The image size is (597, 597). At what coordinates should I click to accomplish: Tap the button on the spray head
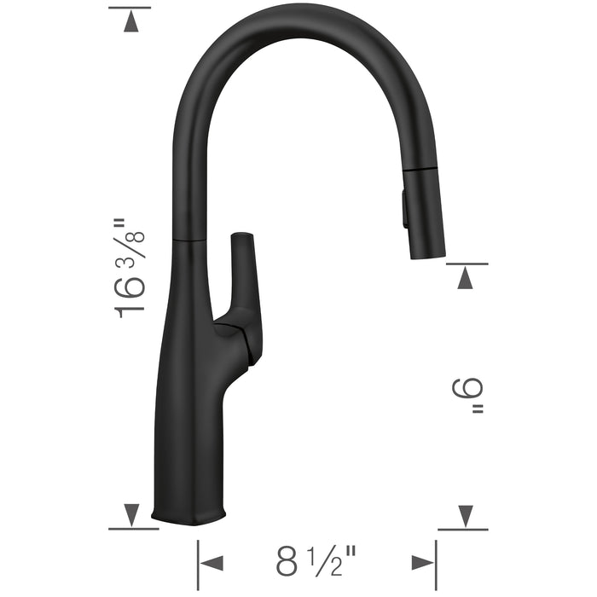tap(403, 210)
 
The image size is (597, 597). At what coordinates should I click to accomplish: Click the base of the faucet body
tap(189, 512)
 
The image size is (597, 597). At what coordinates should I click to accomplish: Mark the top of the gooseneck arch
tap(294, 19)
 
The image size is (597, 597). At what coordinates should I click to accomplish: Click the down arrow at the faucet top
tap(130, 22)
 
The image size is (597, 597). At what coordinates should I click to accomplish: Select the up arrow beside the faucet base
tap(130, 514)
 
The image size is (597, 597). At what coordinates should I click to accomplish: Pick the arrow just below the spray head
tap(465, 277)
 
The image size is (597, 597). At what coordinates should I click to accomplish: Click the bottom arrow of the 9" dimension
tap(465, 515)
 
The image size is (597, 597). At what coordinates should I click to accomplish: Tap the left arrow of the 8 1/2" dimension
tap(211, 562)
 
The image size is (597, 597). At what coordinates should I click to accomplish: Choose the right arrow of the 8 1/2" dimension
tap(422, 562)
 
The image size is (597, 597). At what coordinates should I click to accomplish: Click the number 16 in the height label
tap(130, 298)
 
